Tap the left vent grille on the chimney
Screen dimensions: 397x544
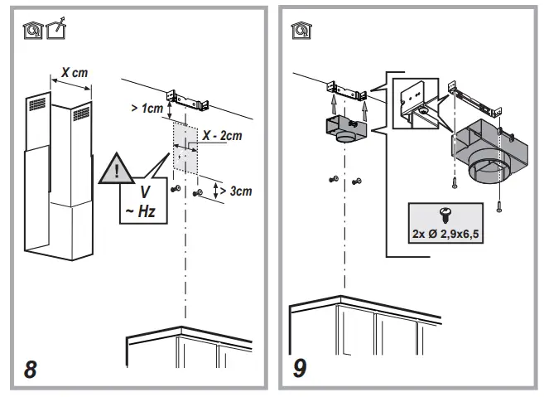pos(40,106)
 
